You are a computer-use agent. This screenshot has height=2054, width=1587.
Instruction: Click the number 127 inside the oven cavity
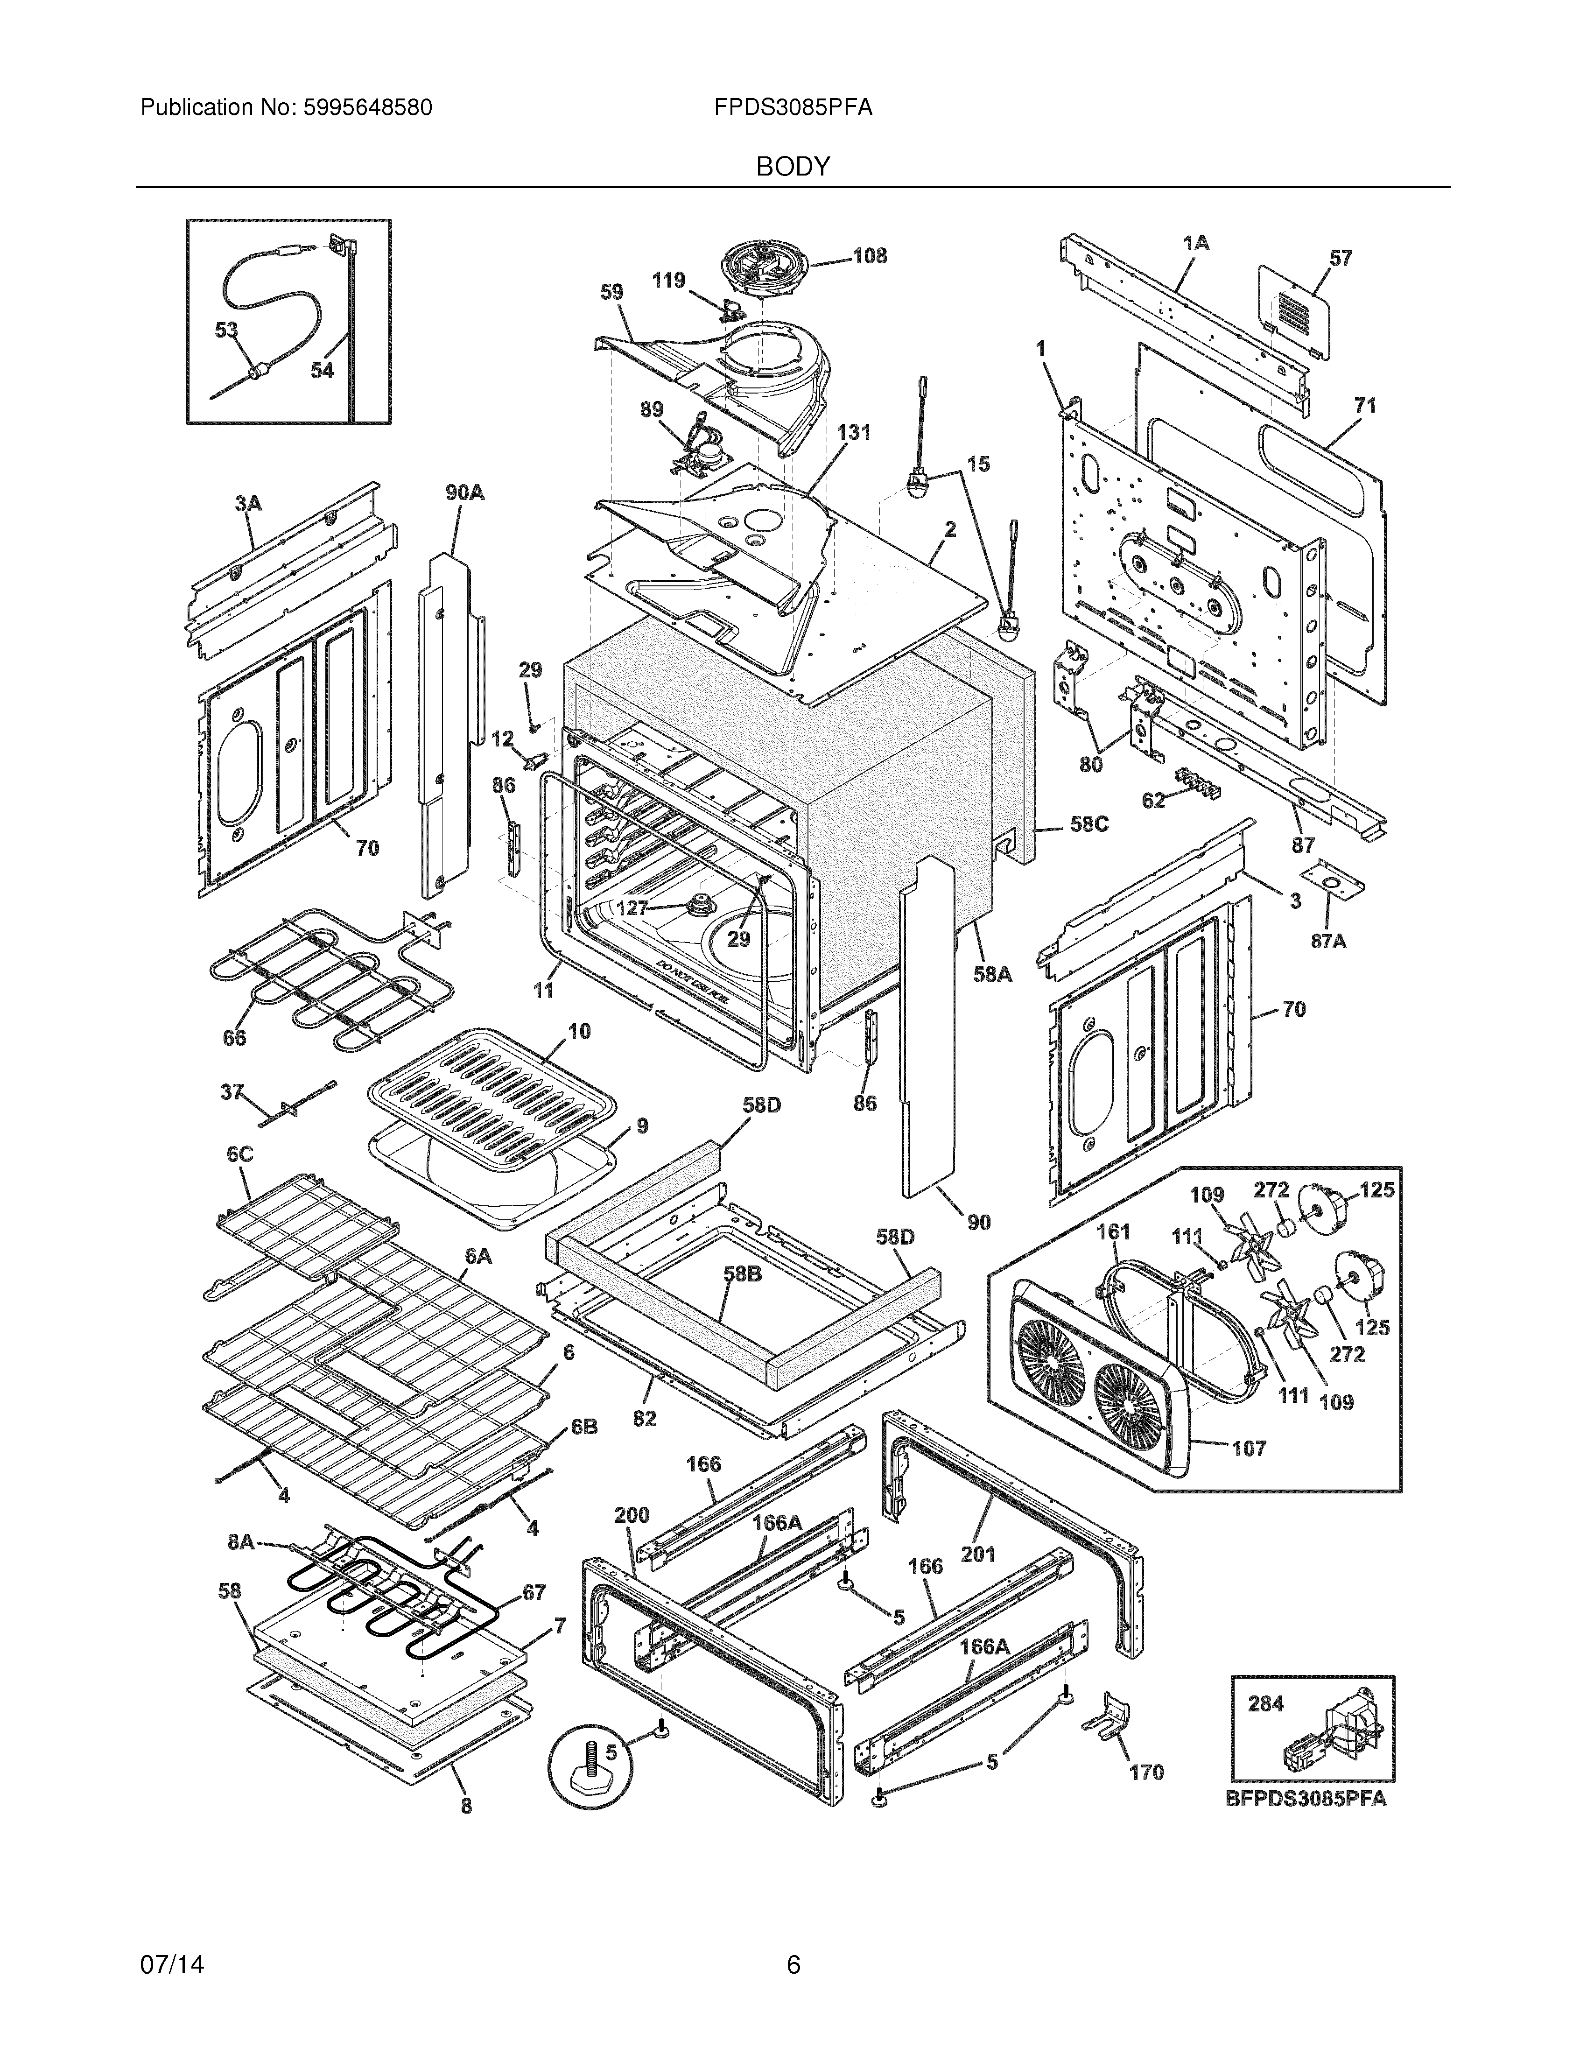tap(632, 907)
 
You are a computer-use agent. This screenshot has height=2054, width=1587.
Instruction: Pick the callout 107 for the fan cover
tap(1249, 1449)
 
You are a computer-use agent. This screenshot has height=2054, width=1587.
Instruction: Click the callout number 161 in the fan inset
tap(1113, 1232)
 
